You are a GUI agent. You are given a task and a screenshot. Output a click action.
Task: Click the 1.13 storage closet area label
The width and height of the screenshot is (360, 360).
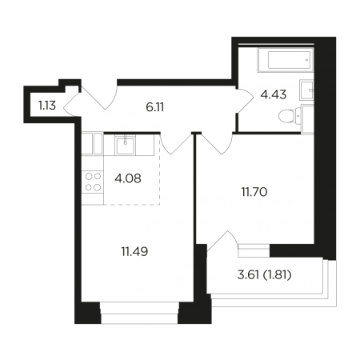click(x=47, y=106)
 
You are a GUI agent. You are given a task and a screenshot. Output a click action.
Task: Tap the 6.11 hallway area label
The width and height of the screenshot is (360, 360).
click(x=155, y=107)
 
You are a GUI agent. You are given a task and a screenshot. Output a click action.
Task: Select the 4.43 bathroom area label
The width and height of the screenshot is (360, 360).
click(x=274, y=94)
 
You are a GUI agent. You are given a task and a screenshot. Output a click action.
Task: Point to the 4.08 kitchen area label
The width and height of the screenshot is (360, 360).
click(x=128, y=178)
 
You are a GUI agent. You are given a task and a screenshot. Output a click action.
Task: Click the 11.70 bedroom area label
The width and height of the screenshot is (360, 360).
click(x=254, y=192)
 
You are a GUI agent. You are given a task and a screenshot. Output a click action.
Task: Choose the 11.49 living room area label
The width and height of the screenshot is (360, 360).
click(x=134, y=251)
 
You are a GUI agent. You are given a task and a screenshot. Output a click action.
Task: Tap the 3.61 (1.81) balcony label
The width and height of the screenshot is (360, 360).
click(x=264, y=275)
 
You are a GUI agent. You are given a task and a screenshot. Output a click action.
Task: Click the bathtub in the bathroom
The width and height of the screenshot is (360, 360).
click(x=286, y=60)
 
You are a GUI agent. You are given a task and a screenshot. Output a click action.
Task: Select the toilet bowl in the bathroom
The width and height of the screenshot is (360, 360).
click(x=290, y=117)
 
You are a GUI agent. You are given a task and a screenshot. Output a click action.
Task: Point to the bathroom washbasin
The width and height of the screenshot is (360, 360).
click(x=306, y=90)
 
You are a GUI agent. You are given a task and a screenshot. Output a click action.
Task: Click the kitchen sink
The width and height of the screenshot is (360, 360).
click(x=125, y=145)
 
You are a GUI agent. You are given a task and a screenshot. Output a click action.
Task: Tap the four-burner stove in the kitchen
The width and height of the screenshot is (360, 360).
click(x=93, y=182)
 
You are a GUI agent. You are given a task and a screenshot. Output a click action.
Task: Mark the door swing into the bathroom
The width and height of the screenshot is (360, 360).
click(x=246, y=101)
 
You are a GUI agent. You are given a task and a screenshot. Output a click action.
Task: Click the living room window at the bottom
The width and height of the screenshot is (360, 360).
click(x=139, y=313)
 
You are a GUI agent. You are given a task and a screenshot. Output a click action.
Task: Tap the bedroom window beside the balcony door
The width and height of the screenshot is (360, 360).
click(x=254, y=250)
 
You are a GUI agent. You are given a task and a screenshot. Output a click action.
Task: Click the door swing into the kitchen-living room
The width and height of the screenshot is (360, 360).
click(x=176, y=143)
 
